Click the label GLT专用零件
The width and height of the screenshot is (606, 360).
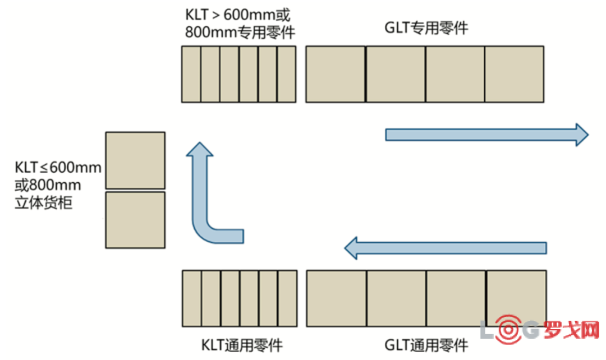pyautogui.click(x=426, y=28)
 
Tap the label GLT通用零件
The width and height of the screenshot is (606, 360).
pyautogui.click(x=426, y=344)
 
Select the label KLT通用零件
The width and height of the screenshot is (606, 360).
pyautogui.click(x=242, y=344)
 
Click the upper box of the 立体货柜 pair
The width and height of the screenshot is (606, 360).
pyautogui.click(x=135, y=160)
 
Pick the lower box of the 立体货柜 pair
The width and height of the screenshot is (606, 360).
pyautogui.click(x=135, y=220)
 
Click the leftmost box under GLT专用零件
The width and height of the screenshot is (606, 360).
pyautogui.click(x=336, y=74)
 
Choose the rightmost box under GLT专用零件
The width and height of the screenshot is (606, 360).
pyautogui.click(x=514, y=74)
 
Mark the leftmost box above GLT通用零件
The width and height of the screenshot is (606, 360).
pyautogui.click(x=337, y=298)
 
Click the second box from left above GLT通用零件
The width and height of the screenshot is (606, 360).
pyautogui.click(x=396, y=298)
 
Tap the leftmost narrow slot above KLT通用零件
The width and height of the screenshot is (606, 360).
pyautogui.click(x=192, y=298)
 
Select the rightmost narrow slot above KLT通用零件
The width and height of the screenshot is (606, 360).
pyautogui.click(x=287, y=298)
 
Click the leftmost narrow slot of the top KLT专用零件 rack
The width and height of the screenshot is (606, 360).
pyautogui.click(x=191, y=74)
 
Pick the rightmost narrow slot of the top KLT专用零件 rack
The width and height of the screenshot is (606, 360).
pyautogui.click(x=286, y=74)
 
